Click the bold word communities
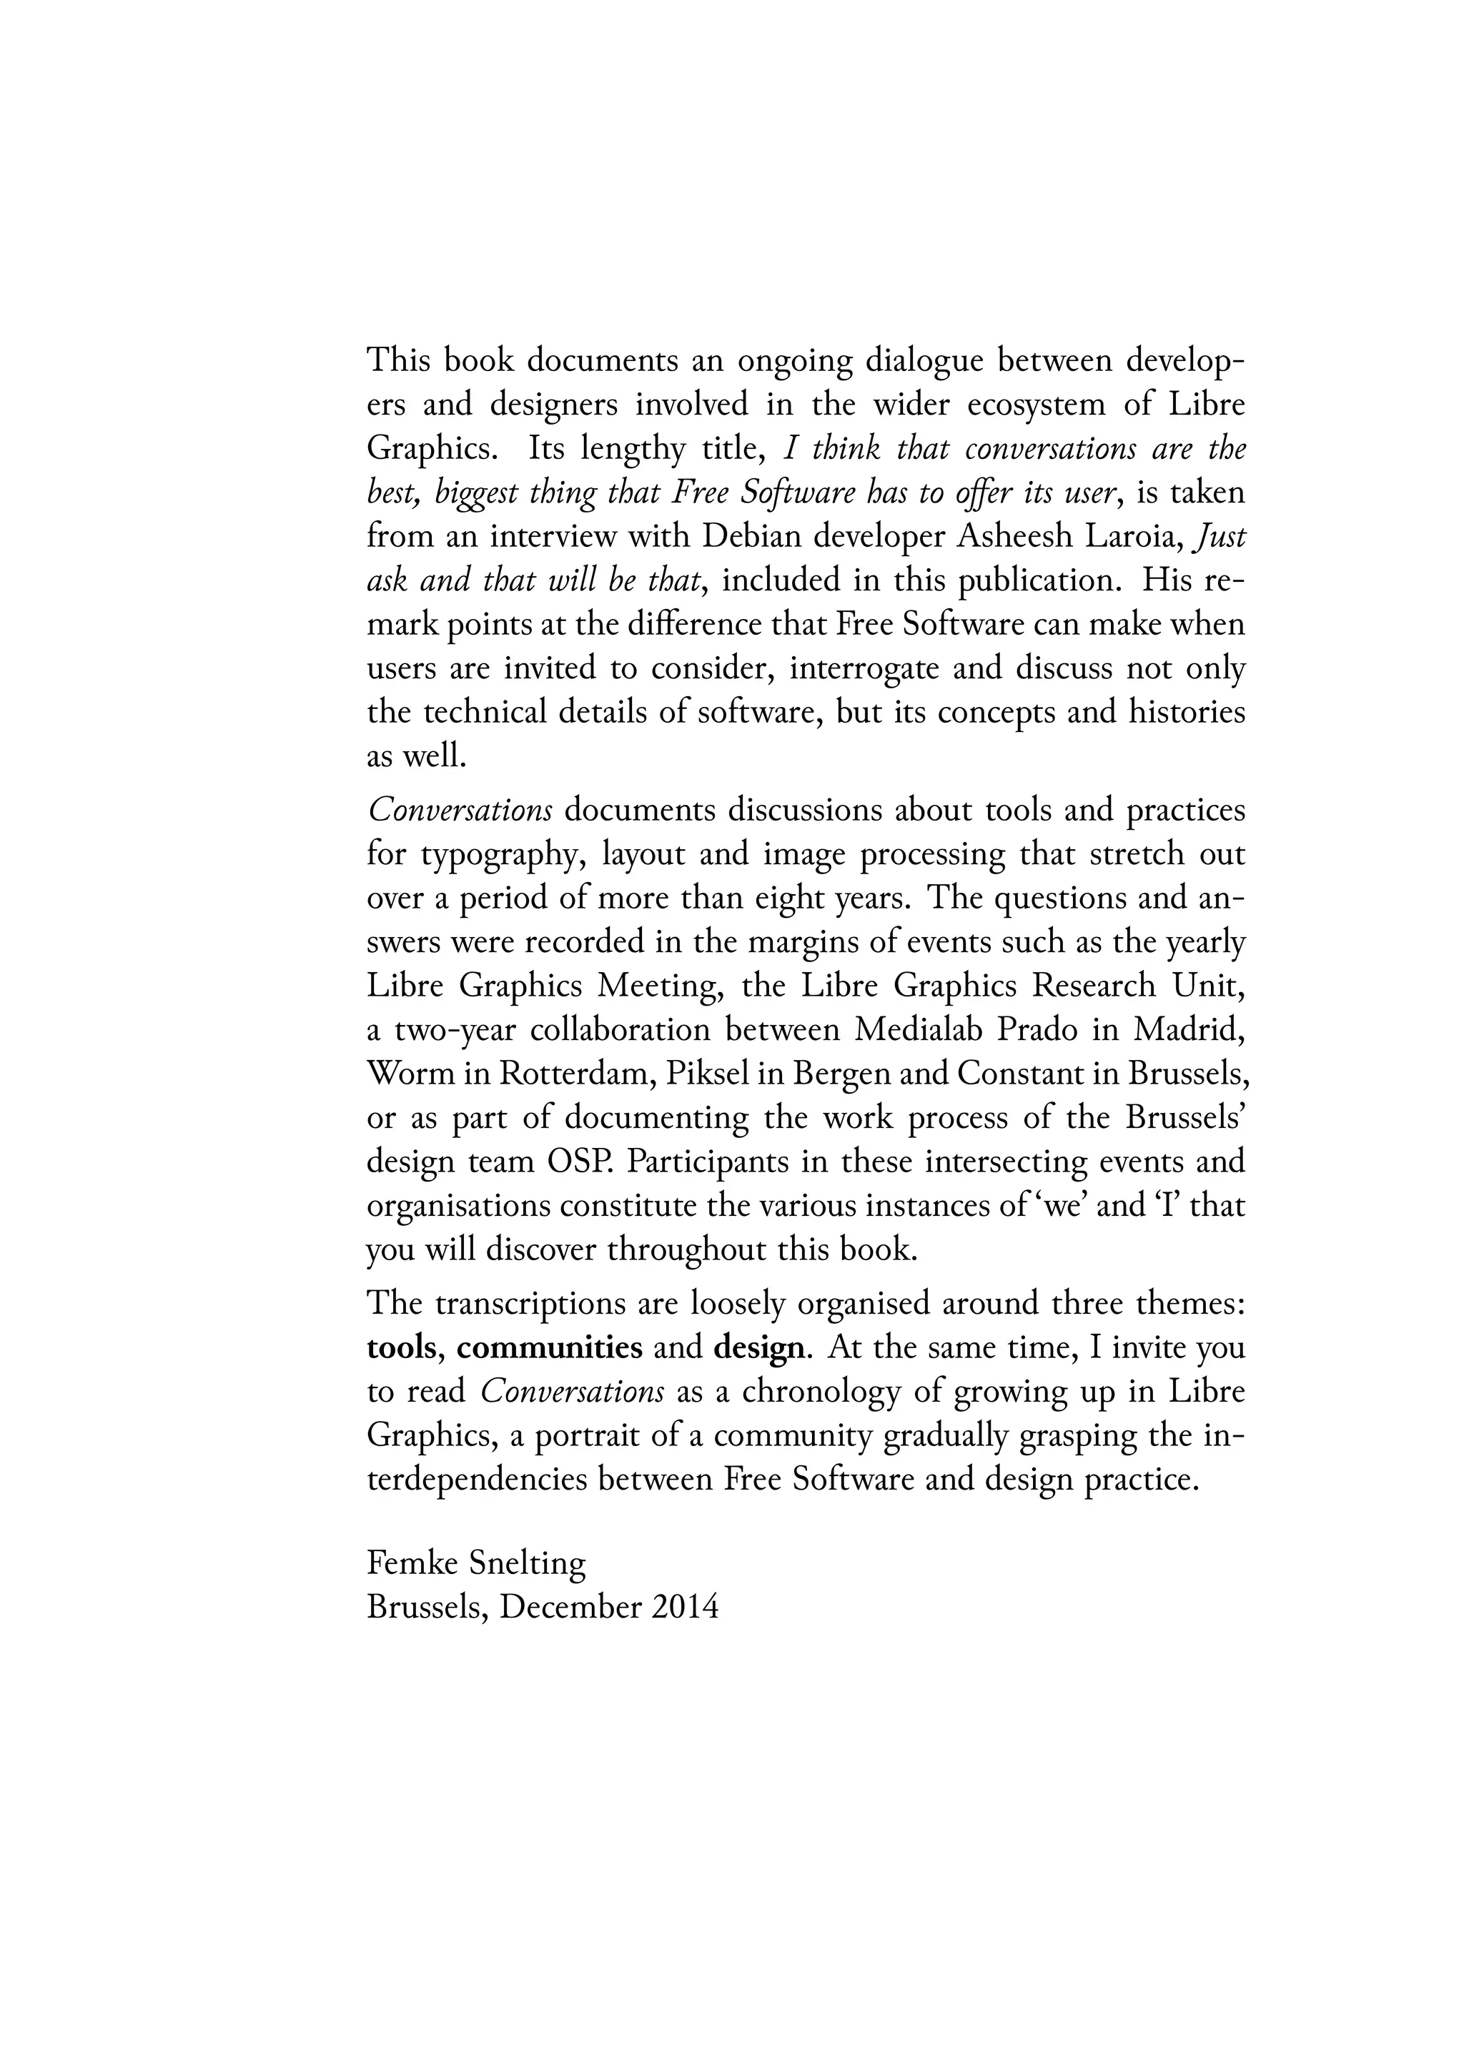pyautogui.click(x=549, y=1347)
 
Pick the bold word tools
pyautogui.click(x=400, y=1347)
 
